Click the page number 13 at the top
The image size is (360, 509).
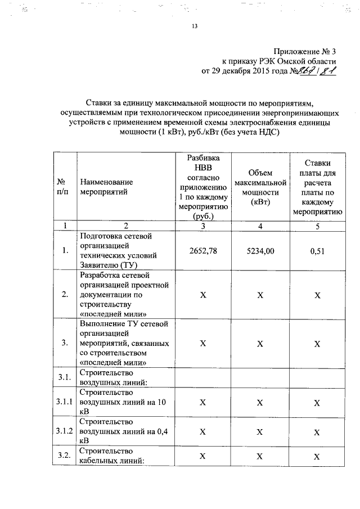tap(195, 26)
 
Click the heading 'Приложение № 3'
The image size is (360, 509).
tap(305, 51)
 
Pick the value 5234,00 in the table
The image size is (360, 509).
tap(260, 250)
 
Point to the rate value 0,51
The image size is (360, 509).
tap(318, 250)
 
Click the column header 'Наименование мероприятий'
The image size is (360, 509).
tap(107, 187)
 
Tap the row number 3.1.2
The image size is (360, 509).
tap(65, 431)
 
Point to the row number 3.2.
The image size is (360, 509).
tap(64, 456)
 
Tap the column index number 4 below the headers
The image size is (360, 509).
tap(260, 226)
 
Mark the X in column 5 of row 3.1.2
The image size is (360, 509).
tap(318, 431)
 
